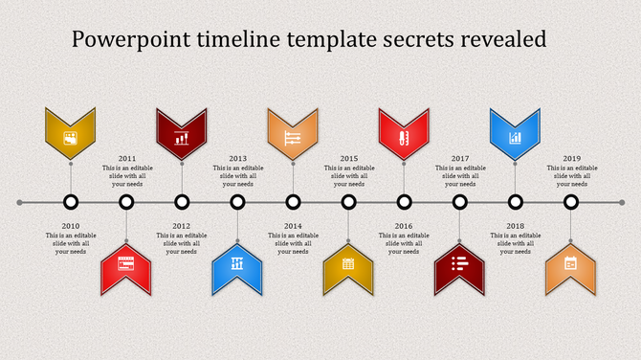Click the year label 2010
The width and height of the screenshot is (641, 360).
pyautogui.click(x=70, y=226)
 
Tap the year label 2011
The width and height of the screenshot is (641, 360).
pyautogui.click(x=126, y=158)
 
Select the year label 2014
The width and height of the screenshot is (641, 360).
pyautogui.click(x=293, y=226)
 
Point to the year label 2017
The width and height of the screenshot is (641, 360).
pyautogui.click(x=460, y=158)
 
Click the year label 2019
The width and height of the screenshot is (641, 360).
pyautogui.click(x=571, y=158)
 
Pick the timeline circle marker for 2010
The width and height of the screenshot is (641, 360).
pyautogui.click(x=70, y=202)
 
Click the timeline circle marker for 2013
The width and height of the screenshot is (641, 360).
pyautogui.click(x=237, y=202)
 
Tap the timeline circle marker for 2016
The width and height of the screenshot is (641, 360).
pyautogui.click(x=405, y=202)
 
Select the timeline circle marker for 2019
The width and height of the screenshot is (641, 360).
pyautogui.click(x=571, y=202)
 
